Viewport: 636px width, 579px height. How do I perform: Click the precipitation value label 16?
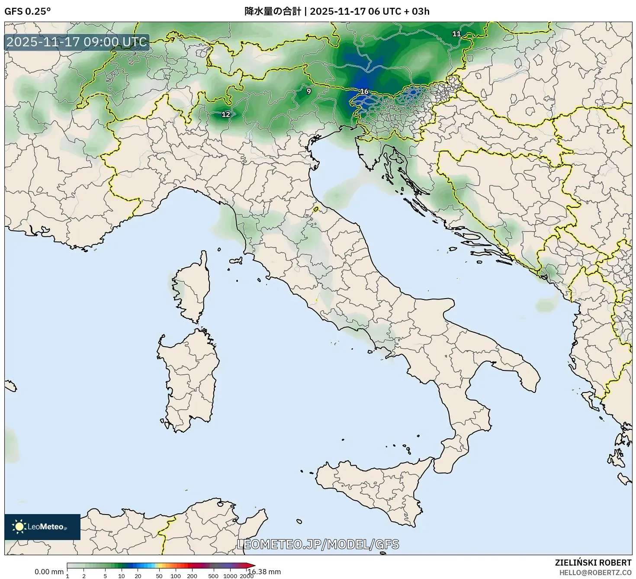[364, 91]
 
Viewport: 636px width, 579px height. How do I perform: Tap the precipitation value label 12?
[226, 115]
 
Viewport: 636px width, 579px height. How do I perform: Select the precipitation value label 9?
[308, 91]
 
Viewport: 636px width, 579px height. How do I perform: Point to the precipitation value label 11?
[456, 34]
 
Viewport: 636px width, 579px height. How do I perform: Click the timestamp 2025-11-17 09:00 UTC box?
[77, 42]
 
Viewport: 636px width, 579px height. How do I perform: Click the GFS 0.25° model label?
[27, 12]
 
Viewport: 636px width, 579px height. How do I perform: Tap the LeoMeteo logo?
[42, 527]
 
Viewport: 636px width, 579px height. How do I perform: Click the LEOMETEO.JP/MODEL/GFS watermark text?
[318, 544]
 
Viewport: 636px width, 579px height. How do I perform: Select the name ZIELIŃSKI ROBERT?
[593, 563]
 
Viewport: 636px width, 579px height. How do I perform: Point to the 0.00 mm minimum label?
[49, 572]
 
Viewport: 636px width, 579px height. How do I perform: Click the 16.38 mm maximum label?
[264, 572]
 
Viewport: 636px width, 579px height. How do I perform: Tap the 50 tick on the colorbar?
[159, 576]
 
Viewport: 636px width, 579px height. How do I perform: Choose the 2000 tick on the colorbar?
[247, 576]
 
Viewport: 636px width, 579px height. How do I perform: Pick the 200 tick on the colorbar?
[192, 576]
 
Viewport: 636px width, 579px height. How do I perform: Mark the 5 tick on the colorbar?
[105, 576]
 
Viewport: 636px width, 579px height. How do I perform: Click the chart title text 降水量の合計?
[273, 12]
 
